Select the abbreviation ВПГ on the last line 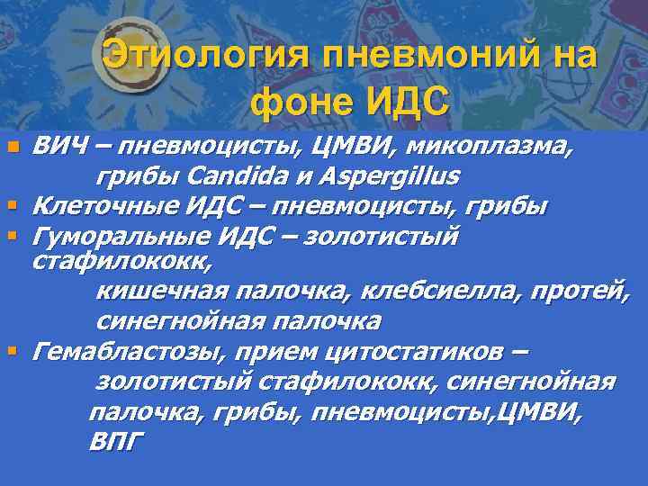(x=115, y=443)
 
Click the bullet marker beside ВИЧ (x=13, y=147)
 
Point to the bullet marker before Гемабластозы (x=13, y=351)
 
